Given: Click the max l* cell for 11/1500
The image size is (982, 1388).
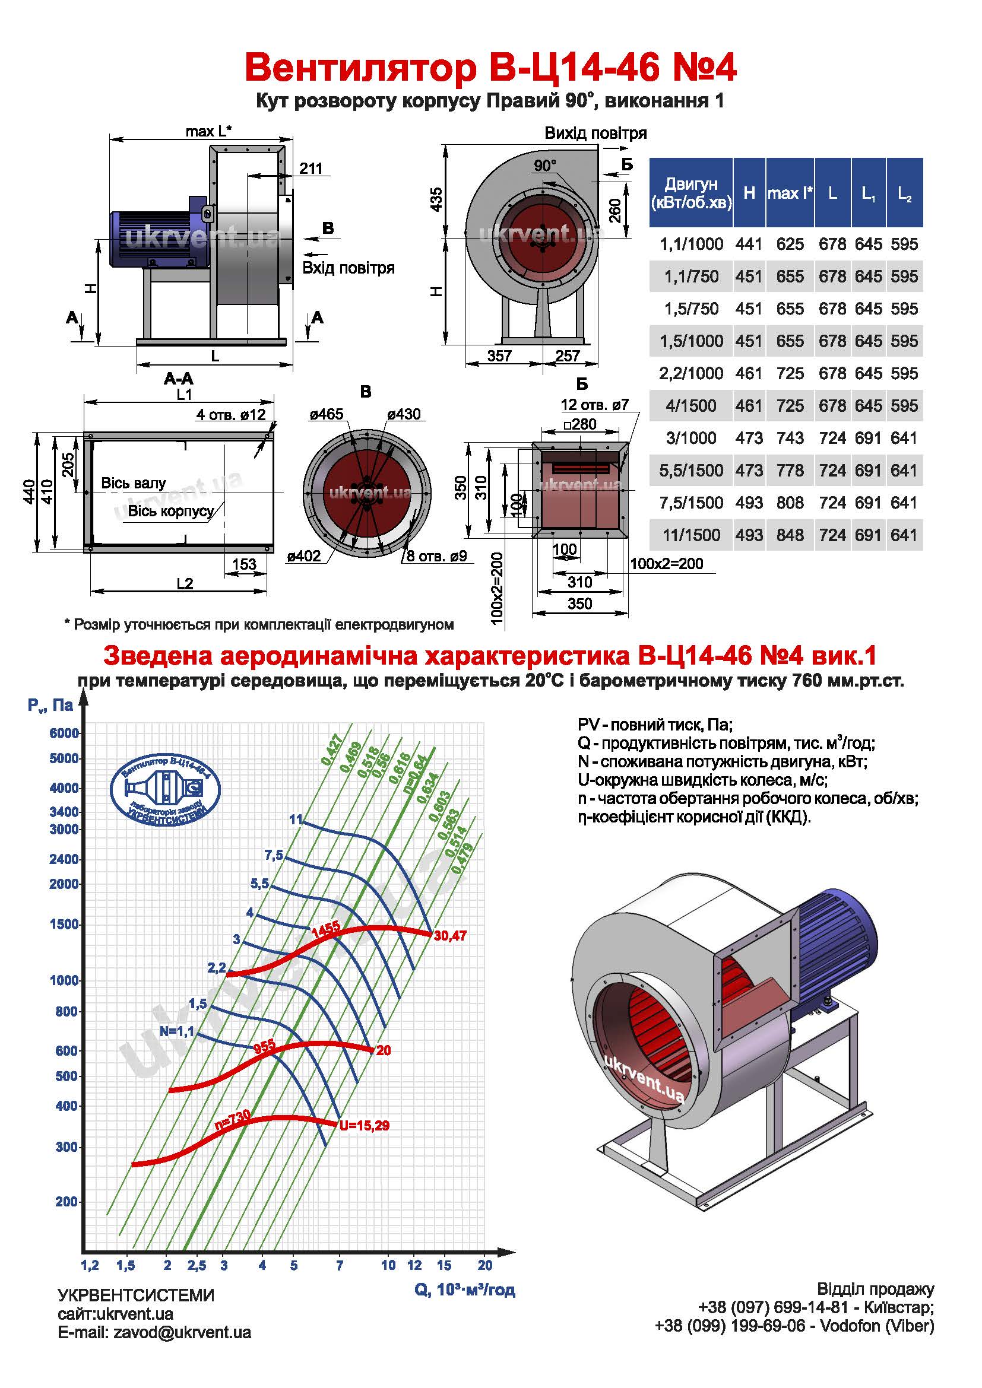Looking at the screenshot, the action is point(790,535).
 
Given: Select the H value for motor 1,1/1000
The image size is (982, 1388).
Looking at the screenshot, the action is point(749,244).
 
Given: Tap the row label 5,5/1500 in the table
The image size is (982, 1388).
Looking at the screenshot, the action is point(691,471).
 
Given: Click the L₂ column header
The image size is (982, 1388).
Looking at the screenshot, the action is point(905,193).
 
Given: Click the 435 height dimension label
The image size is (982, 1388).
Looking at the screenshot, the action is point(436,199).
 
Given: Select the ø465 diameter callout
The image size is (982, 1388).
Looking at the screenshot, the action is point(327,414).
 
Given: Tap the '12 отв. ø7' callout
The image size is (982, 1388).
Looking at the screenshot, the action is point(595,405).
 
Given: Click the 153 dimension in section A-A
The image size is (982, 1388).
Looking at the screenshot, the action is point(244,564).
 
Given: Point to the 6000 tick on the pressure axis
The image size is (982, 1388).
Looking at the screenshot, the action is point(64,733).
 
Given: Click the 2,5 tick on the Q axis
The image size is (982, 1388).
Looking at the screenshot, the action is point(197,1265).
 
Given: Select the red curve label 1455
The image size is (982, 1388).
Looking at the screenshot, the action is point(326,930).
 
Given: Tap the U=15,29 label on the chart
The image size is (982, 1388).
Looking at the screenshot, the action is point(364,1126).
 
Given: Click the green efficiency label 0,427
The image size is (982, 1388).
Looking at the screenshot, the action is point(332,749).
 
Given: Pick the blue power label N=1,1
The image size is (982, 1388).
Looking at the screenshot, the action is point(176,1031).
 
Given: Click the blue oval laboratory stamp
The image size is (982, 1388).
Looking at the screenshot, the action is point(165,789).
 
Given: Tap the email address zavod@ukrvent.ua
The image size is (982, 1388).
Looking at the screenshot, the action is point(182,1332).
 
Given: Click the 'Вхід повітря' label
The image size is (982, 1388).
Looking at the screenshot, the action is point(349,268).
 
